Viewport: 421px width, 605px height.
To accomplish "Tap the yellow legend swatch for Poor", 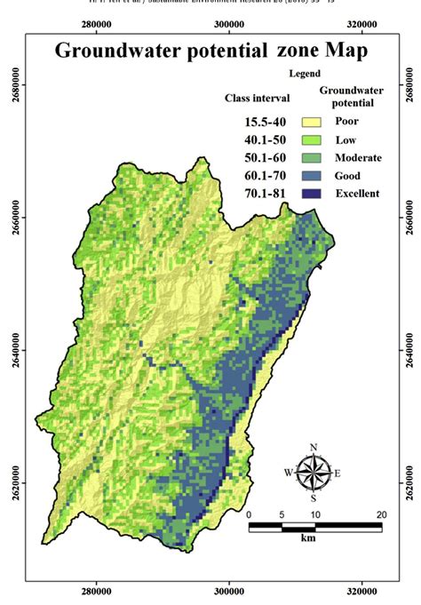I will (x=310, y=123).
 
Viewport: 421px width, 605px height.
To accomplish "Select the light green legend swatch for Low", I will (x=310, y=140).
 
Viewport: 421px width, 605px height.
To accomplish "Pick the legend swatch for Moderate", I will (x=310, y=158).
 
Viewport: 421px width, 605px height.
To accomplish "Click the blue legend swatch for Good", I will (x=310, y=176).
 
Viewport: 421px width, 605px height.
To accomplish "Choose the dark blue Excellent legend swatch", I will (x=310, y=194).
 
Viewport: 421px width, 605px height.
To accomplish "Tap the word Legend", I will (x=305, y=73).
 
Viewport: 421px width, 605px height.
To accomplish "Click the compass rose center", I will (x=313, y=472).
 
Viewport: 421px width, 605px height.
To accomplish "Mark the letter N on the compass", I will (x=313, y=447).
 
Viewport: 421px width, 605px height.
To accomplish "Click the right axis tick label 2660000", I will (x=409, y=216).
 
